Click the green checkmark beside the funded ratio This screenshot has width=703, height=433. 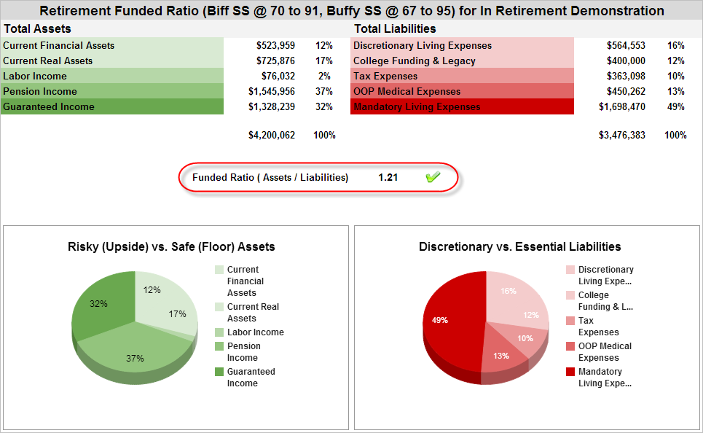(x=433, y=177)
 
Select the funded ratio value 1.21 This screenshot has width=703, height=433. (x=388, y=177)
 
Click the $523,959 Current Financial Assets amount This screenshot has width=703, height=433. (x=275, y=45)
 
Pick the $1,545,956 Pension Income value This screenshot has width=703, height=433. (x=272, y=91)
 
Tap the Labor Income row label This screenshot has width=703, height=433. (x=35, y=76)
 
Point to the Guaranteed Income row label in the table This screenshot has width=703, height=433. (x=49, y=106)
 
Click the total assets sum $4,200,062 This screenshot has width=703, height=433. (x=272, y=135)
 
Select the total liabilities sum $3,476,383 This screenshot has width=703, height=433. (x=621, y=135)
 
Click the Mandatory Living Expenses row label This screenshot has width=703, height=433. (x=417, y=106)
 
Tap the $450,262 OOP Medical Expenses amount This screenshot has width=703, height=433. (x=626, y=91)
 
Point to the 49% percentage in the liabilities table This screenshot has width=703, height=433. (x=675, y=106)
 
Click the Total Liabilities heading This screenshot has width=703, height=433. (x=395, y=28)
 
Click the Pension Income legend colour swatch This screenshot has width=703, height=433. (x=219, y=346)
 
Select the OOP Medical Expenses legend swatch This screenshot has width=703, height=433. (x=570, y=346)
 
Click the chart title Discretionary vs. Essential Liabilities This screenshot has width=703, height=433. (x=520, y=246)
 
